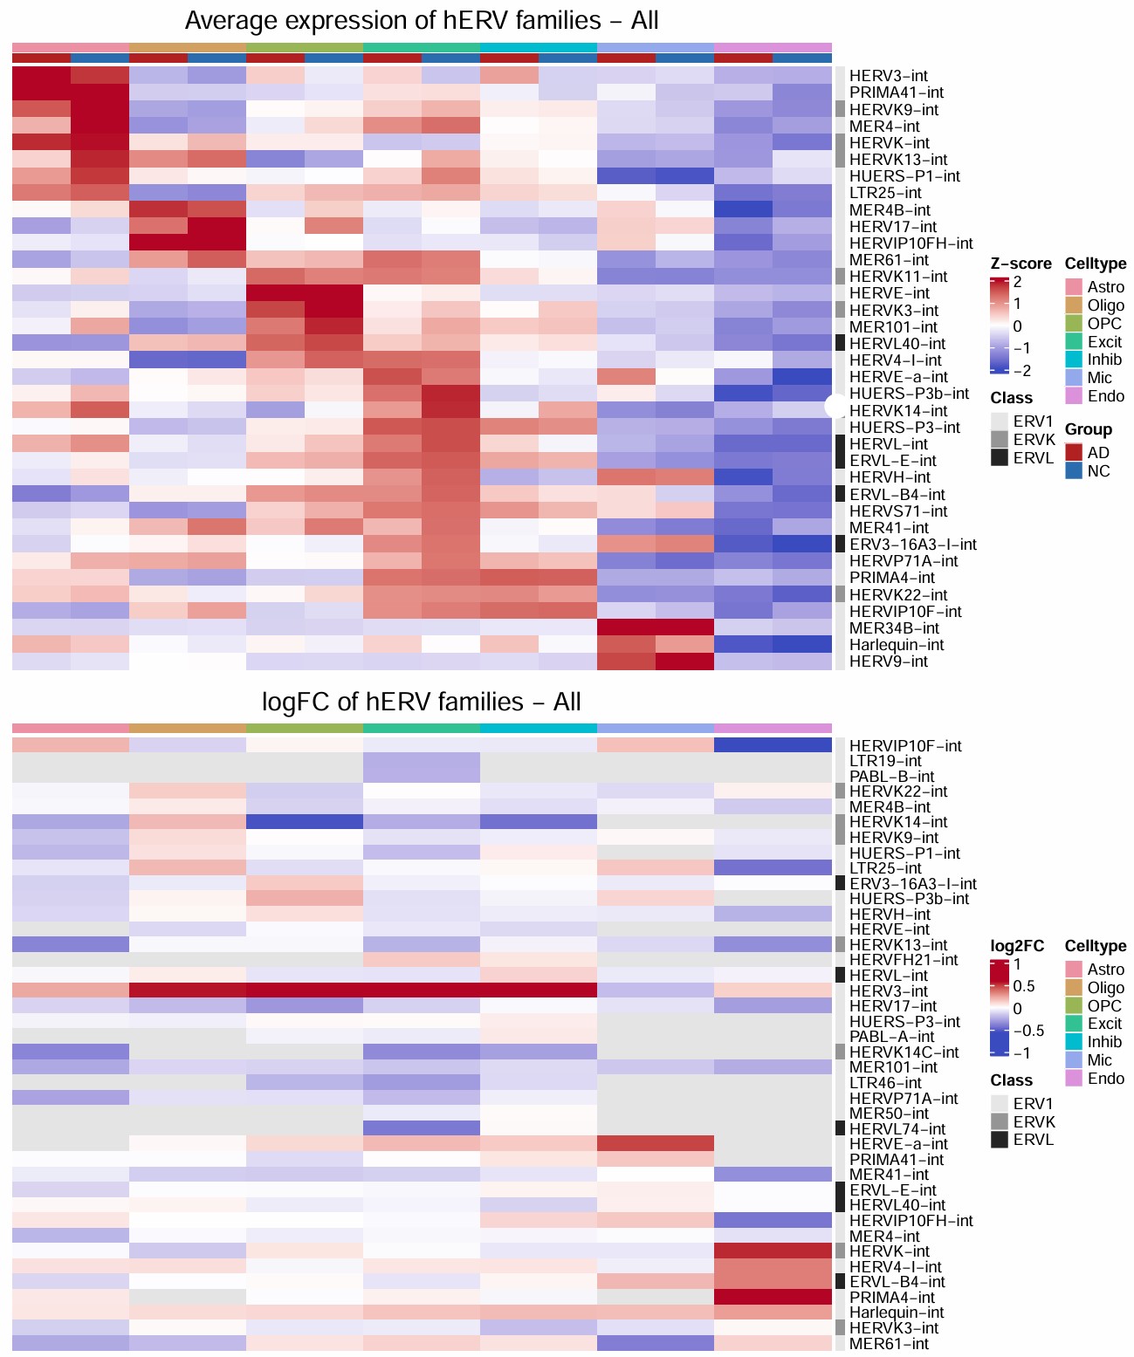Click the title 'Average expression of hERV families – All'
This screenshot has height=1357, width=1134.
pos(422,21)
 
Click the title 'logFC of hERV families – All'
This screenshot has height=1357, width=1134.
pos(422,702)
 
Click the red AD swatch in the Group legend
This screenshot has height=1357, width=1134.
pos(1073,453)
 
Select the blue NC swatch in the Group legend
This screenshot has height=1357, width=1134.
pos(1073,471)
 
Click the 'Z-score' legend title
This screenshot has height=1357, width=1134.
pos(1021,264)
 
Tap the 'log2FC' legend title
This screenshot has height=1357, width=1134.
pos(1017,947)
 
